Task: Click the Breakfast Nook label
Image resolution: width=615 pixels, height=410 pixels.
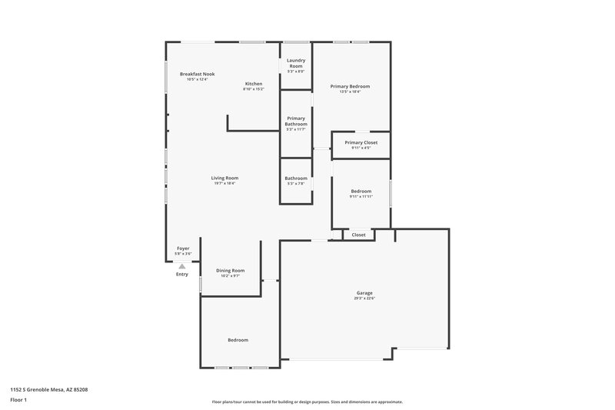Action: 198,74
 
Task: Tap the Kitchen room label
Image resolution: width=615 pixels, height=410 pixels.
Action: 254,83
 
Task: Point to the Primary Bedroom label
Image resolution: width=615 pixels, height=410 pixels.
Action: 351,86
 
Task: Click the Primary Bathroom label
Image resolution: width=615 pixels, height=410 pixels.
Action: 296,121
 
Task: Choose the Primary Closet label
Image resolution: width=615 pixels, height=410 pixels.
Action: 361,142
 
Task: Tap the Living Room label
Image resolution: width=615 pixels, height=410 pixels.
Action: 224,178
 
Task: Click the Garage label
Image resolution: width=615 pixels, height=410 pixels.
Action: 364,292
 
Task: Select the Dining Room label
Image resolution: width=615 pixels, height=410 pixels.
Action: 230,270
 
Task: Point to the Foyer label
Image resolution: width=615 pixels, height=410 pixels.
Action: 183,248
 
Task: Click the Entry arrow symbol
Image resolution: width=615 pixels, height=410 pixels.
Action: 182,266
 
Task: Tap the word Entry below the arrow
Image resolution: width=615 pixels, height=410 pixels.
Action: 182,275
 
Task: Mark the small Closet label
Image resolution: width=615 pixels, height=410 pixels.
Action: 359,235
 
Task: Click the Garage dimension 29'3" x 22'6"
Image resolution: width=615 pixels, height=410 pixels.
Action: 364,298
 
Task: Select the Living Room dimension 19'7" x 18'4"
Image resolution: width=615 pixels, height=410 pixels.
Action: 224,183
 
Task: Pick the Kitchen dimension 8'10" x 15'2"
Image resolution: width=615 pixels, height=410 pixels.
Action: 254,89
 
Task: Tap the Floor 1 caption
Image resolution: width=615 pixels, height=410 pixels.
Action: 18,401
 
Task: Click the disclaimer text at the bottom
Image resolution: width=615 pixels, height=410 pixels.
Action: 307,402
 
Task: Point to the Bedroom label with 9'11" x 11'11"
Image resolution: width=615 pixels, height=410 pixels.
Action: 361,191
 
